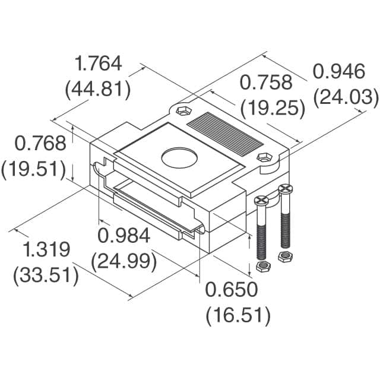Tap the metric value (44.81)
(x=97, y=90)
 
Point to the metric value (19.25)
(x=273, y=109)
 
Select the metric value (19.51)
(x=33, y=169)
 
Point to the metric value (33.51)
(x=46, y=275)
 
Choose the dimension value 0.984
(x=123, y=236)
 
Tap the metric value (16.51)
(x=238, y=315)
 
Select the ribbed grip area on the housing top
(x=226, y=130)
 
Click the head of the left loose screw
(x=262, y=201)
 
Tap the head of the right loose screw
(x=286, y=189)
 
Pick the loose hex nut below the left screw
(x=262, y=267)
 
